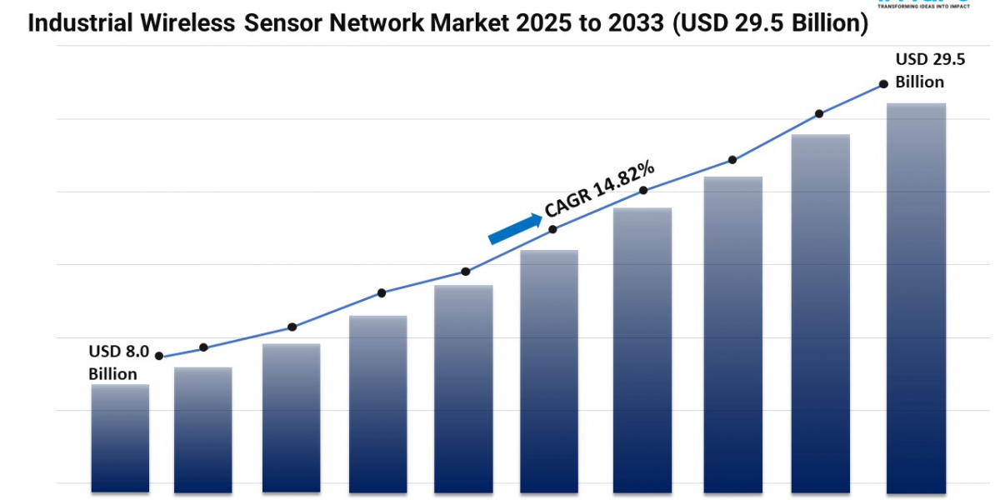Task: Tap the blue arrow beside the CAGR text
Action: point(513,228)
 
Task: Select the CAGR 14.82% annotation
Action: point(598,191)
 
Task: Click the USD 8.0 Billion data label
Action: point(118,363)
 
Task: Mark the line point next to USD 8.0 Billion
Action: point(159,356)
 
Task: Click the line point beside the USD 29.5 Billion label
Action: point(882,84)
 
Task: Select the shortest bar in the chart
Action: point(120,437)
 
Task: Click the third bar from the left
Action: point(291,417)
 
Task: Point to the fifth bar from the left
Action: point(463,387)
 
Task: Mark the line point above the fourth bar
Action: point(381,292)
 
